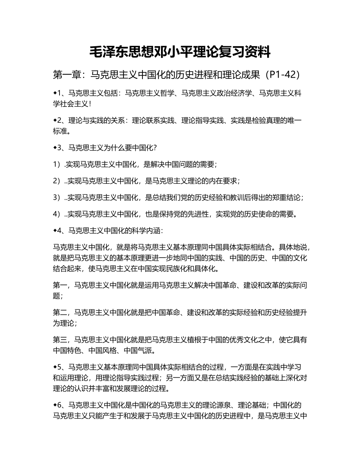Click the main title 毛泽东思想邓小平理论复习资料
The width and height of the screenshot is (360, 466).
pos(180,52)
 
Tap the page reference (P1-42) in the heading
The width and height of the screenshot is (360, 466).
pos(281,75)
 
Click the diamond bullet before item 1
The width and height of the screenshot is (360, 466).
pos(55,93)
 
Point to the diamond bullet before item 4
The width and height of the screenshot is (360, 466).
pos(55,230)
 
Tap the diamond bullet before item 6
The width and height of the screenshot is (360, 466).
pos(55,405)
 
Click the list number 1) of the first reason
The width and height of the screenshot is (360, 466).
pos(57,165)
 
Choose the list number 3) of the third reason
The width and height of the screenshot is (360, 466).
pos(57,197)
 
